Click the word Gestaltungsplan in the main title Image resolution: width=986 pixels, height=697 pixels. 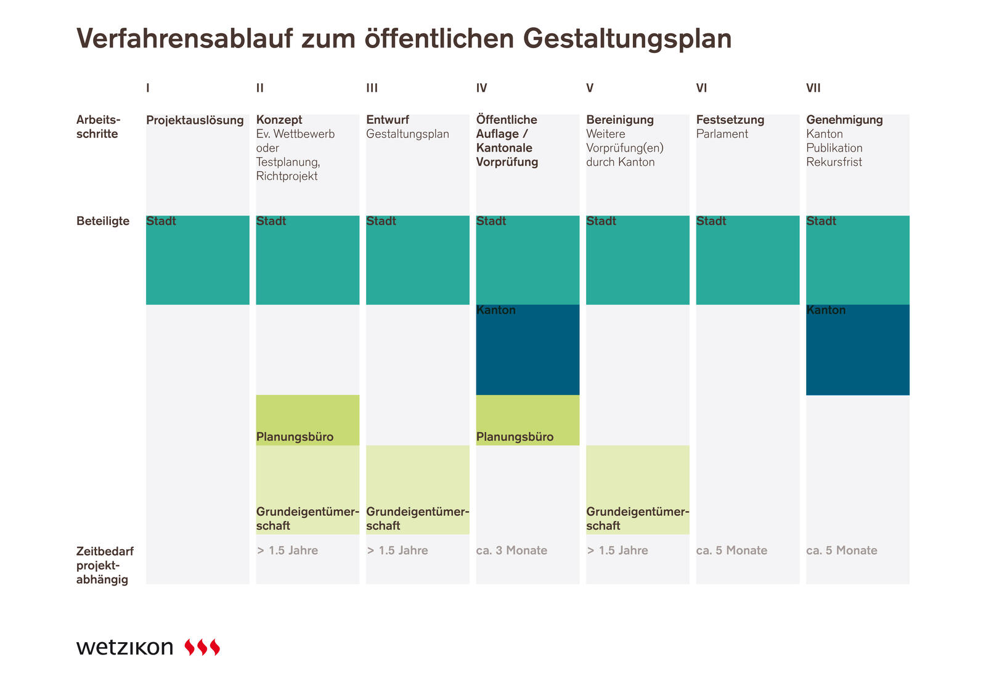pos(627,39)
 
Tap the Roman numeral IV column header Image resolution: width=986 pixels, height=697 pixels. pos(481,88)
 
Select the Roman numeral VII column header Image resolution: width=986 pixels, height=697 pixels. pos(813,88)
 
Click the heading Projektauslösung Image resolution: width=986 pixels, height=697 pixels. pos(195,120)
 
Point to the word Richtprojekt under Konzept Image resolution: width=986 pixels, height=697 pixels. pos(287,176)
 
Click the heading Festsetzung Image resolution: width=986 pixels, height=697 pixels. pos(730,120)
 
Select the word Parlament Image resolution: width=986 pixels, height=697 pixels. pos(722,134)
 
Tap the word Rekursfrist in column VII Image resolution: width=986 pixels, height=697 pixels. pos(834,162)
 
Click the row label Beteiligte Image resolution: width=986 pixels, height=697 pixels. pos(103,221)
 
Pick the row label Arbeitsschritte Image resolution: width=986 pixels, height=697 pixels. pos(98,127)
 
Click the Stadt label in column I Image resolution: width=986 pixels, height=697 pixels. pos(161,221)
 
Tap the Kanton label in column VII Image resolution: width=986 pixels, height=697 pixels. pos(826,310)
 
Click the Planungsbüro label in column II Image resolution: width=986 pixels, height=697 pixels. pos(295,437)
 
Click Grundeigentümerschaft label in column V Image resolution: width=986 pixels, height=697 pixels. pos(637,518)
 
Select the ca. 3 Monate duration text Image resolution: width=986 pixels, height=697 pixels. pos(511,550)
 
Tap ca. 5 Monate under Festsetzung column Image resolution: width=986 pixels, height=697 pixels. pos(731,550)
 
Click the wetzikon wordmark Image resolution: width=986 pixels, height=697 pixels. pos(125,647)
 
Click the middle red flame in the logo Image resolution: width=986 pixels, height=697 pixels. pos(202,647)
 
